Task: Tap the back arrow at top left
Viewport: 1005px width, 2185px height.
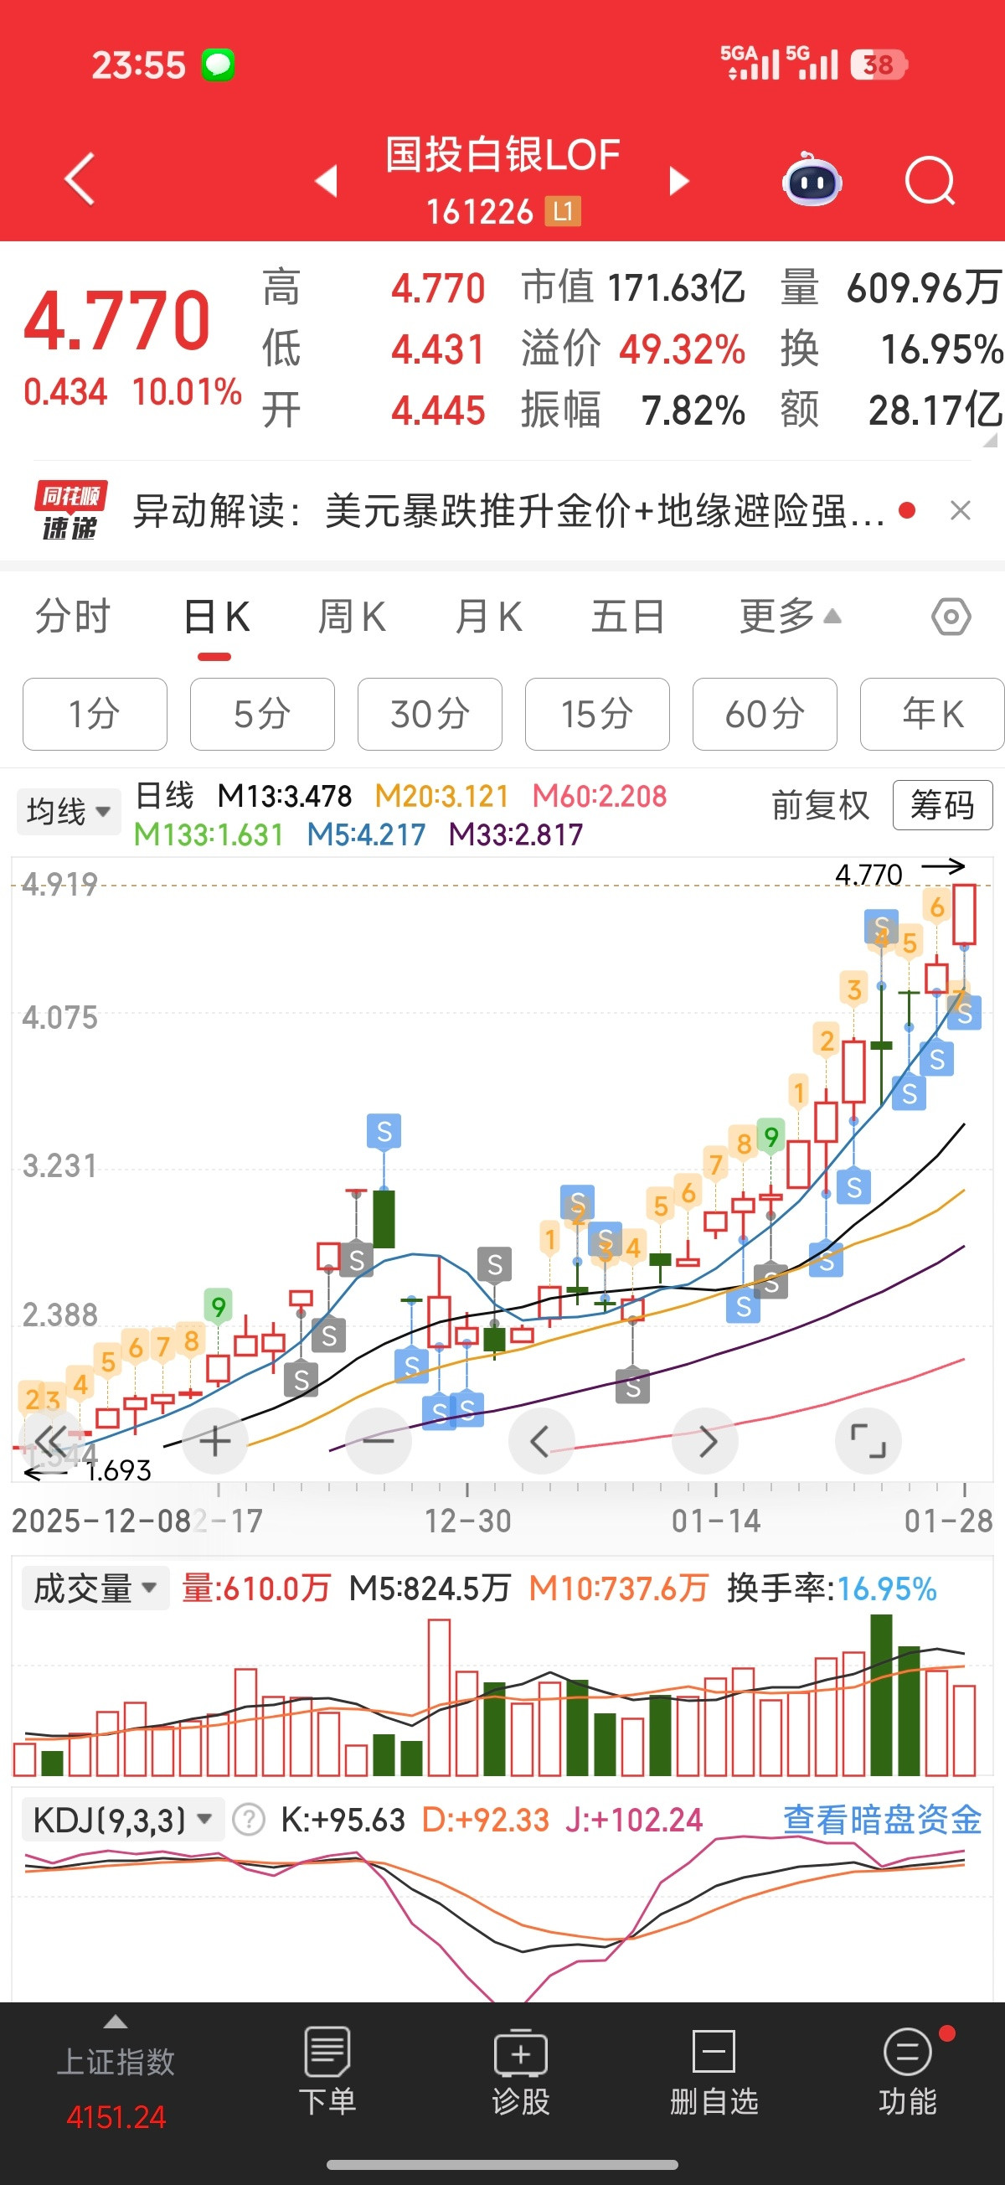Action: point(80,180)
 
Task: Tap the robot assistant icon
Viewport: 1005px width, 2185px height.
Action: point(812,180)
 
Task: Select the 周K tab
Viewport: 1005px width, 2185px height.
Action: point(351,617)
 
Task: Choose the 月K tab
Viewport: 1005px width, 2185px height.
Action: point(488,617)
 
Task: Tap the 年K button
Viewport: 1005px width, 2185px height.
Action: point(931,714)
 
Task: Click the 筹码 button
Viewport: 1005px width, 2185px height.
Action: point(941,804)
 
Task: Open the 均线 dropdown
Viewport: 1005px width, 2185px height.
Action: point(68,811)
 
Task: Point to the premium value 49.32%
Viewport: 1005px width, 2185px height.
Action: point(682,349)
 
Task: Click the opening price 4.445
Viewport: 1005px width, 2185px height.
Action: point(438,411)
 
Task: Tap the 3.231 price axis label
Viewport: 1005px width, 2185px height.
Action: point(59,1165)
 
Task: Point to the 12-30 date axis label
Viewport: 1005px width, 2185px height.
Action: point(468,1521)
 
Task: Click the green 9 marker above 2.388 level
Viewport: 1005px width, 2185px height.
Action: point(218,1306)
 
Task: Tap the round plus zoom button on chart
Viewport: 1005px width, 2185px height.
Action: point(214,1441)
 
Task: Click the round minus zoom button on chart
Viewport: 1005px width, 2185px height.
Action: point(379,1441)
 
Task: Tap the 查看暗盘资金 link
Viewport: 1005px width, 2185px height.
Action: point(881,1821)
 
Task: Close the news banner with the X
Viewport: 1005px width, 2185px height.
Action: point(960,510)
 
